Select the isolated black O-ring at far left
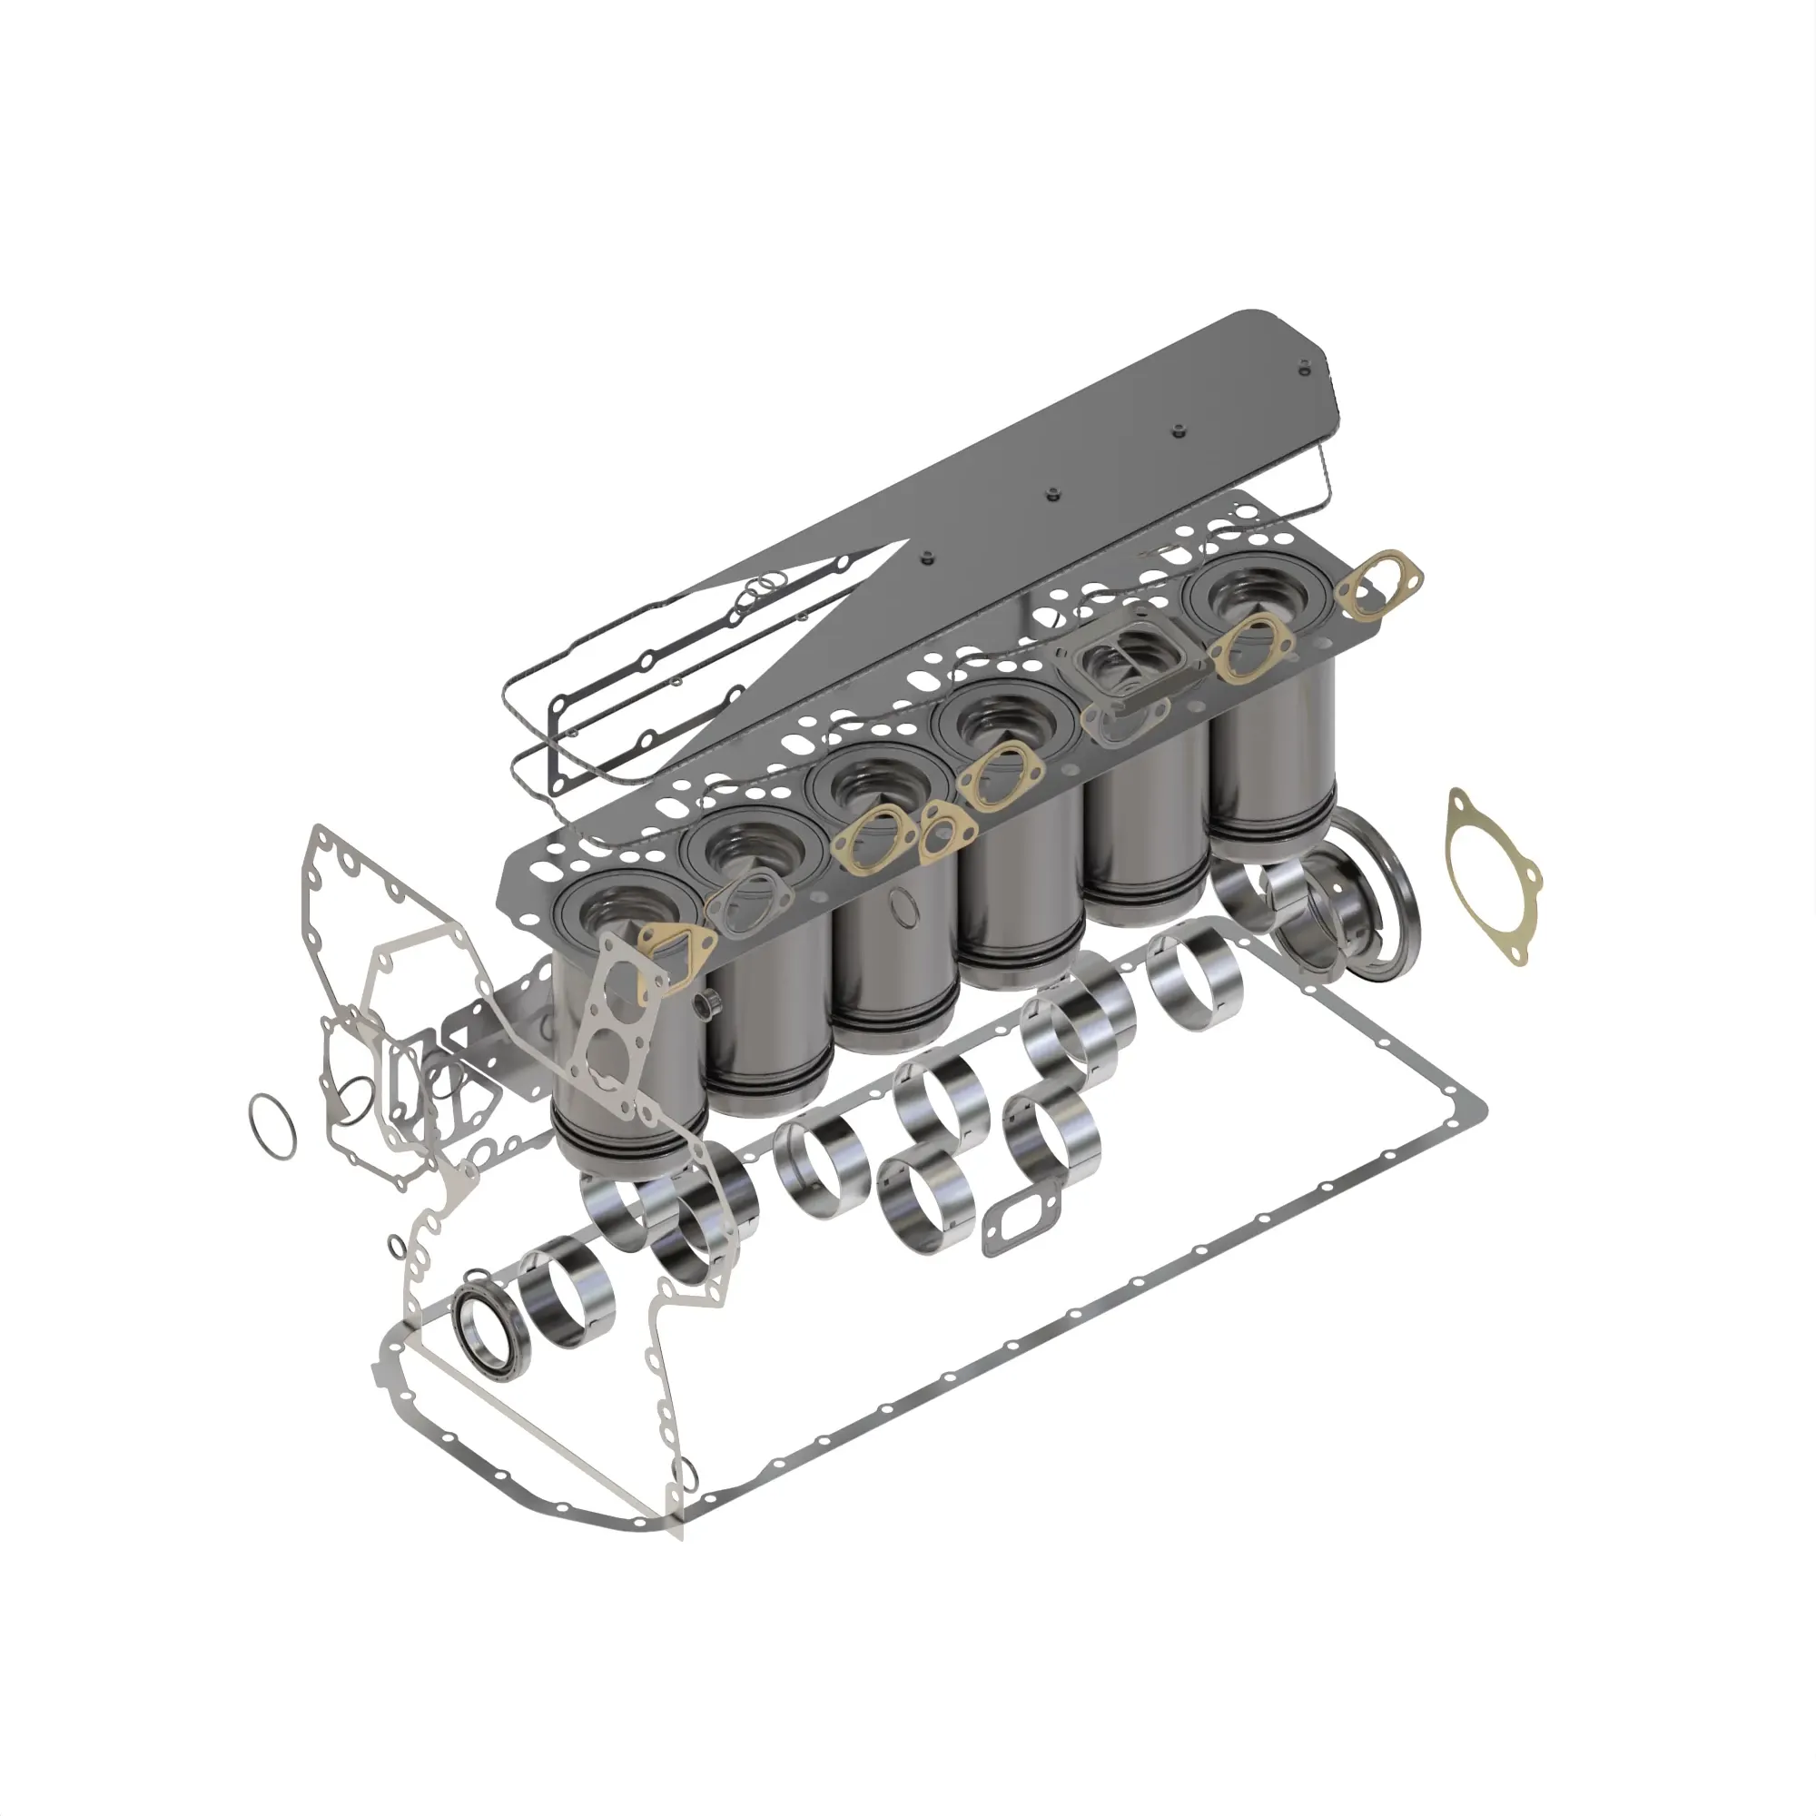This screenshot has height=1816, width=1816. pos(271,1125)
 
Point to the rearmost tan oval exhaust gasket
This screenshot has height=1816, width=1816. pos(1378,584)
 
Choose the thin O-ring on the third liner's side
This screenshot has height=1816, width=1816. pos(904,907)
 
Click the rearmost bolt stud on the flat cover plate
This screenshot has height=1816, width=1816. pos(1304,370)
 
